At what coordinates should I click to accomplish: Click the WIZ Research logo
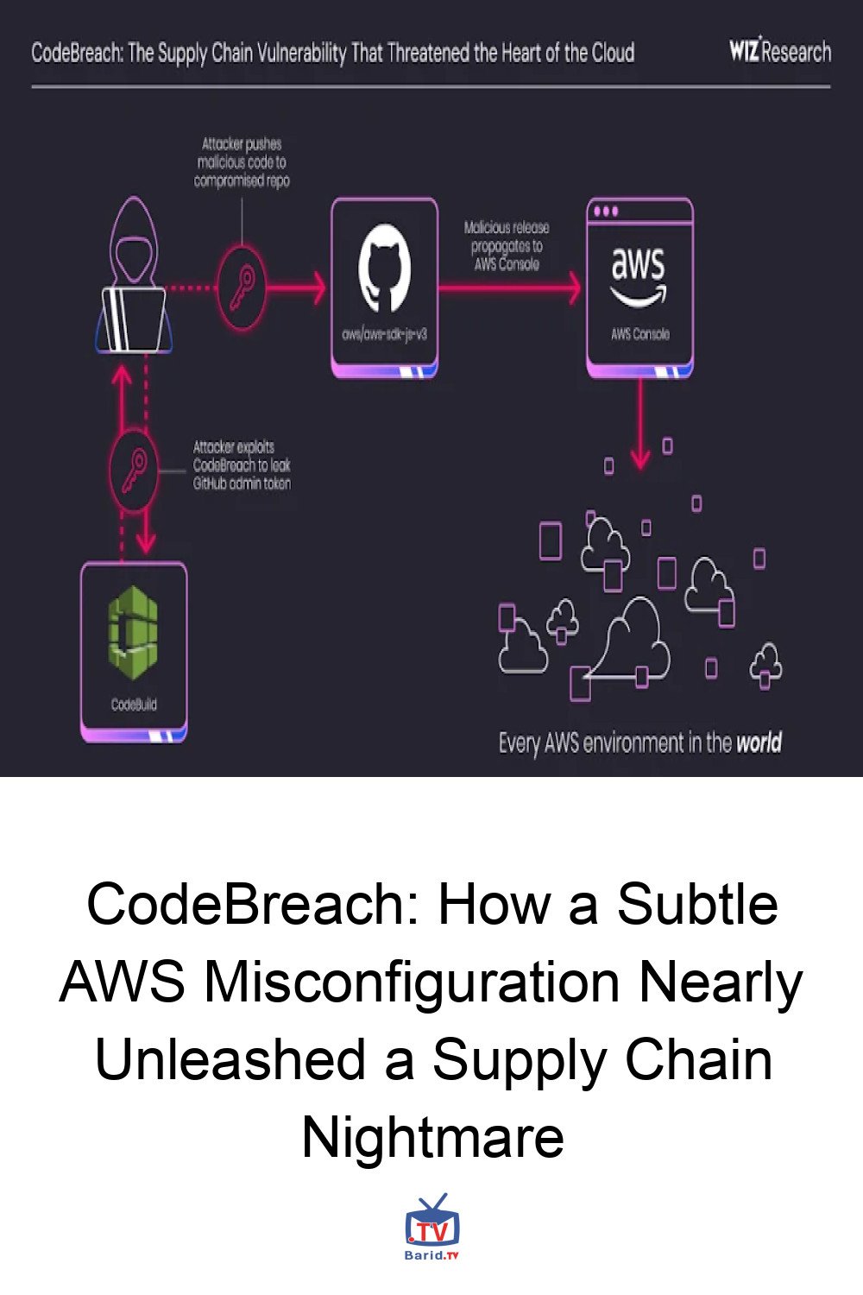(779, 52)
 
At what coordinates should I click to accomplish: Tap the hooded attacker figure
(135, 276)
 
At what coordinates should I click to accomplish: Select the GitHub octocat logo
(384, 268)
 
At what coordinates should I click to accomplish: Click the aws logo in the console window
(639, 272)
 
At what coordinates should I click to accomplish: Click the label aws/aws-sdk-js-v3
(384, 334)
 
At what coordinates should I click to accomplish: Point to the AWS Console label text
(639, 334)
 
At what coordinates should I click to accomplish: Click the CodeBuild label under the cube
(134, 704)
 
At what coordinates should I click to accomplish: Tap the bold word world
(759, 742)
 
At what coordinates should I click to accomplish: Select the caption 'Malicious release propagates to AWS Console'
(507, 246)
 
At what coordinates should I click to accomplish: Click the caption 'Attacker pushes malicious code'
(242, 162)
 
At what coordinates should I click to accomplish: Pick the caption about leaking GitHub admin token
(242, 465)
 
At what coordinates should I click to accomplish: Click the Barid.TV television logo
(432, 1226)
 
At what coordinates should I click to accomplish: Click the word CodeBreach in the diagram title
(77, 54)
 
